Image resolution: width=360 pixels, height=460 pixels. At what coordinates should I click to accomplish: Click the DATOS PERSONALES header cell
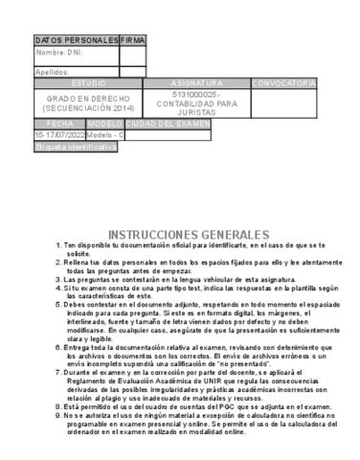(x=77, y=40)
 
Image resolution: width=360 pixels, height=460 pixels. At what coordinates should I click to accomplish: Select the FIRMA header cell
(x=133, y=40)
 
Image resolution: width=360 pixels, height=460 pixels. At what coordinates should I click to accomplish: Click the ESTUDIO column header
(x=88, y=84)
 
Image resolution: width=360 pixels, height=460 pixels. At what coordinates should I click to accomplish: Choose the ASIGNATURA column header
(x=196, y=84)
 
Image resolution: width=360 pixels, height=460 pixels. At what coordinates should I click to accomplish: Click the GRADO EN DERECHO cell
(x=88, y=103)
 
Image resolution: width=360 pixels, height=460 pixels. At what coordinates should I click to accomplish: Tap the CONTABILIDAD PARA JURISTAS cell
(x=196, y=103)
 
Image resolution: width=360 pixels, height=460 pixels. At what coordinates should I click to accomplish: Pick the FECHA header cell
(x=59, y=125)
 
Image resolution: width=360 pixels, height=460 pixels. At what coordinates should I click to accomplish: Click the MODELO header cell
(x=104, y=125)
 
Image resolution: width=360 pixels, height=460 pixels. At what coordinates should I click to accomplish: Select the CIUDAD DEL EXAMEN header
(x=168, y=125)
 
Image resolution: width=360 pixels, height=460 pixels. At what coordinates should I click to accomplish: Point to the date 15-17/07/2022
(x=59, y=135)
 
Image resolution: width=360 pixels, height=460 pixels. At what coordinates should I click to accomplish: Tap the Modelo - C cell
(x=104, y=135)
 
